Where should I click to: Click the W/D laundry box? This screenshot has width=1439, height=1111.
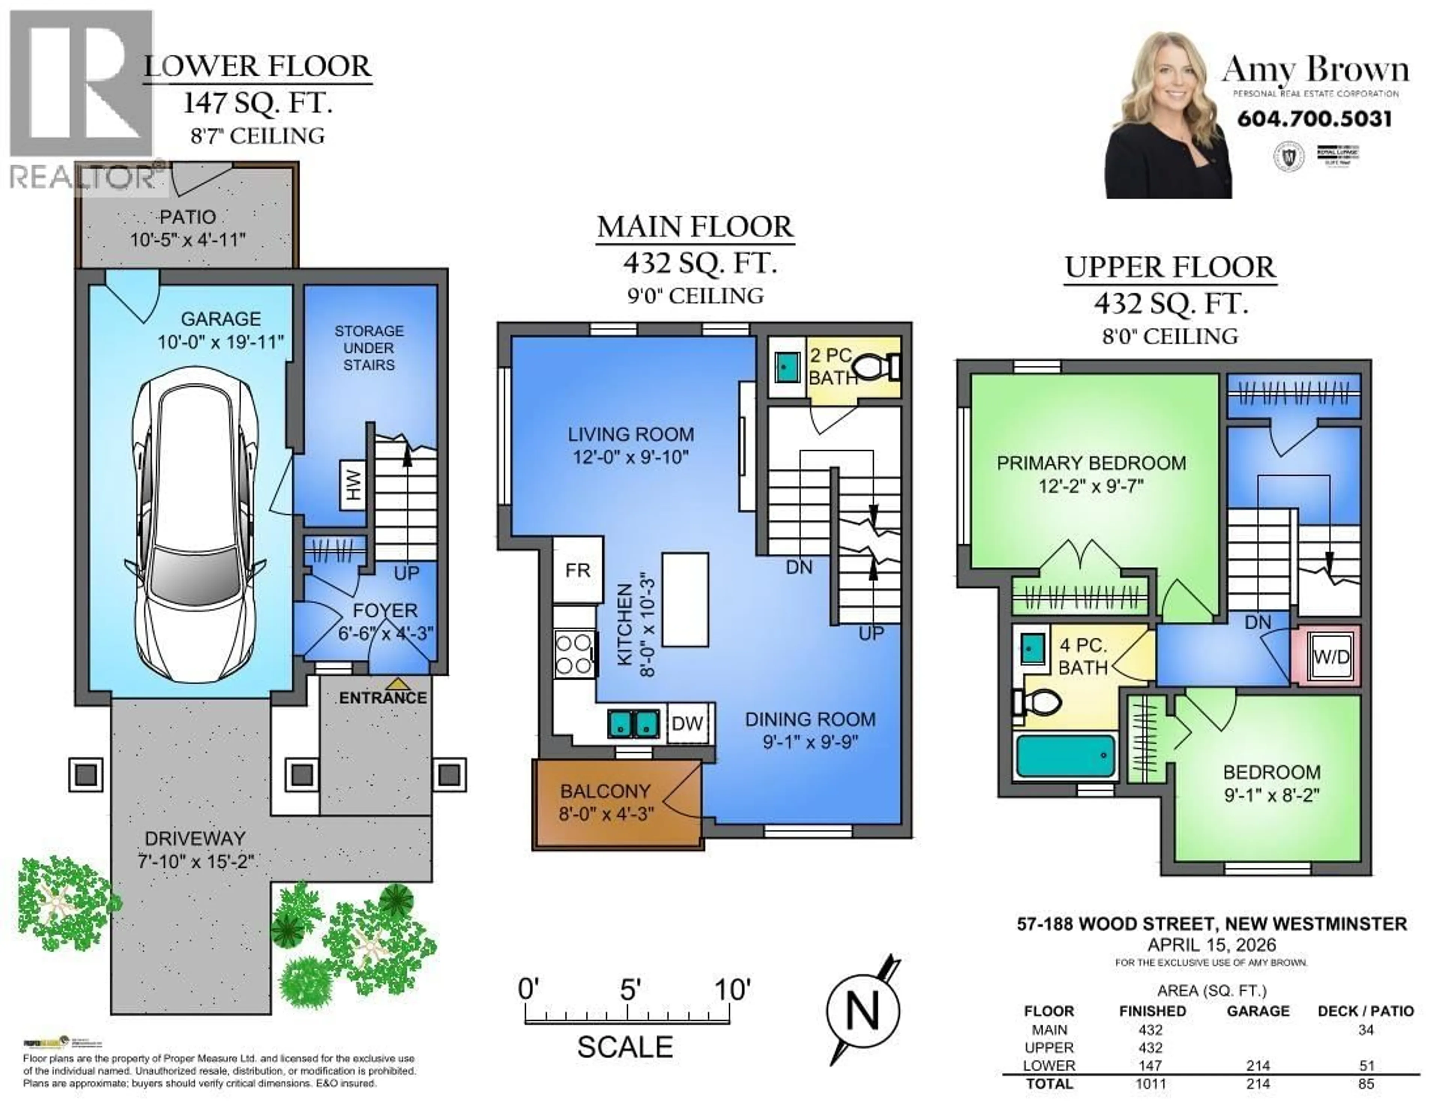coord(1331,656)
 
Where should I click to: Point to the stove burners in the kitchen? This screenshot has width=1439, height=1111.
coord(574,654)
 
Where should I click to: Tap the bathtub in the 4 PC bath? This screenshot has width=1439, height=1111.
coord(1065,756)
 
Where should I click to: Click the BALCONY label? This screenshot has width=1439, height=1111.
coord(605,791)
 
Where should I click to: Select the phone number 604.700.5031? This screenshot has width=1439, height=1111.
coord(1315,119)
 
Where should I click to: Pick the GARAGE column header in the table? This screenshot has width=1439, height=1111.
coord(1257,1011)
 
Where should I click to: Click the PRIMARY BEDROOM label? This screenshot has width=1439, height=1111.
coord(1091,463)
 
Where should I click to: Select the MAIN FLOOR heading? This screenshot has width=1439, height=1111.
coord(695,227)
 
